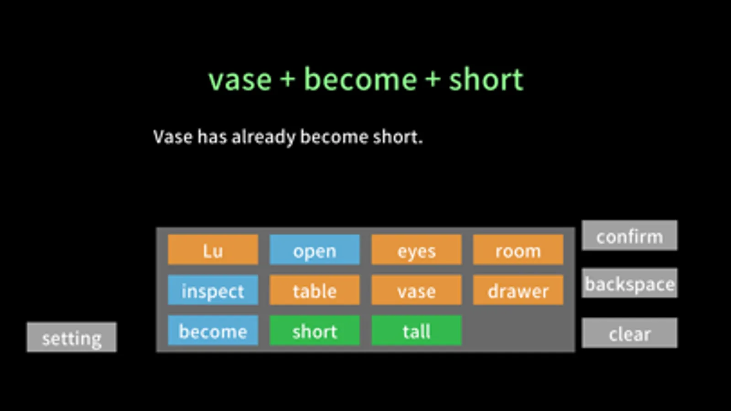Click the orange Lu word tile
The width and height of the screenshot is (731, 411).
213,250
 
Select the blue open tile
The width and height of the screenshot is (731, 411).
315,250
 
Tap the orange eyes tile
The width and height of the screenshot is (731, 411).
416,250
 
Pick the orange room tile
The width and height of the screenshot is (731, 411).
518,250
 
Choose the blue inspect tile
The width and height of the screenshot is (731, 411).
213,290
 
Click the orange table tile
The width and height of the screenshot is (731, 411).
315,290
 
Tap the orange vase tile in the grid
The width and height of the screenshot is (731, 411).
416,290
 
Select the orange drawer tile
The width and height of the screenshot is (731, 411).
518,290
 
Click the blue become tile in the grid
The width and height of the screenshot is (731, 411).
213,331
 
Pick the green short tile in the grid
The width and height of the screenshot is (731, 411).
315,331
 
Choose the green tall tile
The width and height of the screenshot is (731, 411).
416,331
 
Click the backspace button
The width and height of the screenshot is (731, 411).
630,283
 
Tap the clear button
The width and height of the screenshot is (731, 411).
630,333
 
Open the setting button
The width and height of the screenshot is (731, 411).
72,337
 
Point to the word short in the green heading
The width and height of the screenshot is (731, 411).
486,79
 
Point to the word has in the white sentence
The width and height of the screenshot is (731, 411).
212,137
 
